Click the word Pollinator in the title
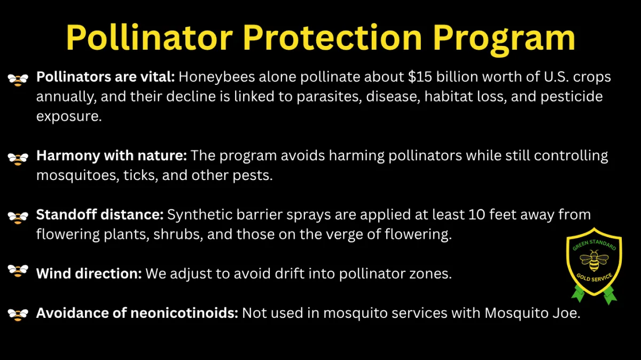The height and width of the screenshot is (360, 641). tap(149, 37)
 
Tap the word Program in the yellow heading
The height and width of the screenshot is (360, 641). tap(504, 40)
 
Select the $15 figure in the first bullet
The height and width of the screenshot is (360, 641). tap(420, 77)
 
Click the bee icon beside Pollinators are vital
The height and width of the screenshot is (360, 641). tap(18, 80)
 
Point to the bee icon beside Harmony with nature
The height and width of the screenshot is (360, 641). tap(18, 159)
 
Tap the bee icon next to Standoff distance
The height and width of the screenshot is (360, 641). tap(18, 218)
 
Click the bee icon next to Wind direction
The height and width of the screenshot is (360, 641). tap(18, 271)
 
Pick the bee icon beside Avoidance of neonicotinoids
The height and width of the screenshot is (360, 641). tap(18, 315)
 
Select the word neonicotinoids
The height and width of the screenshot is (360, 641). tap(184, 313)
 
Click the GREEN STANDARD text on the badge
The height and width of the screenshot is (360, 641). tap(594, 245)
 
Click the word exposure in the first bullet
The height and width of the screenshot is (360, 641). tap(69, 116)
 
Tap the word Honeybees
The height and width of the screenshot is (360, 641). tap(217, 77)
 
